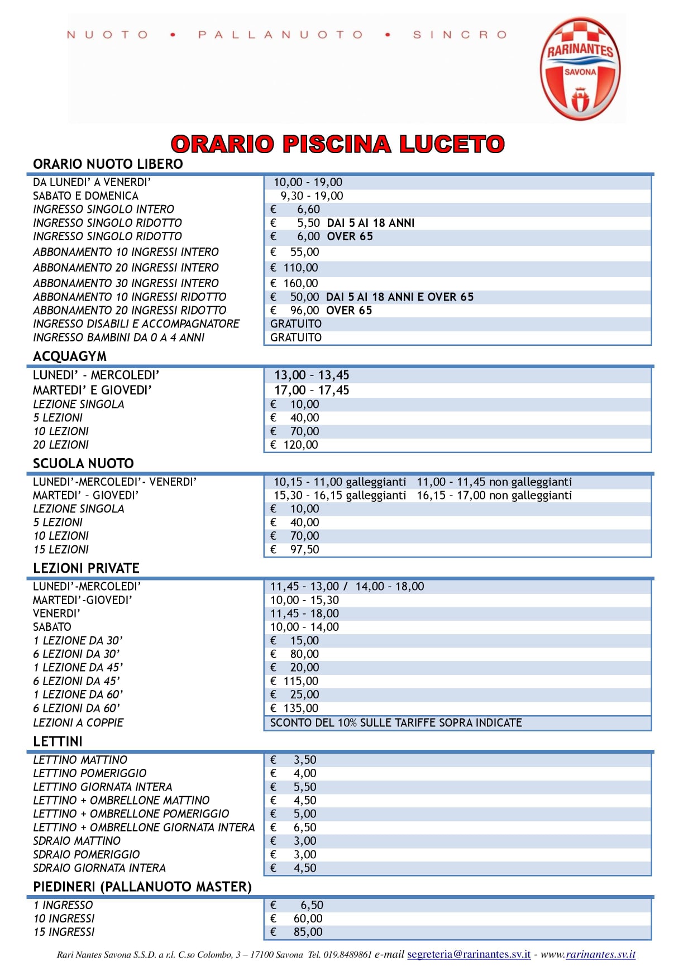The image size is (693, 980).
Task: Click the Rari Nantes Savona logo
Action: [580, 69]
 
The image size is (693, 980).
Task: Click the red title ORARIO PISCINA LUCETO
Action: [337, 144]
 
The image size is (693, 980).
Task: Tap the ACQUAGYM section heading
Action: [70, 356]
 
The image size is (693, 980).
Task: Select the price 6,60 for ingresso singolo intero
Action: [308, 210]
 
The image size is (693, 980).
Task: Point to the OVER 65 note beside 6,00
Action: [350, 236]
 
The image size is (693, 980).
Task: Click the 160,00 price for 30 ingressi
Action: [300, 283]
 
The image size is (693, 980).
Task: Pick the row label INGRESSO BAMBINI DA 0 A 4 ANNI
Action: [119, 337]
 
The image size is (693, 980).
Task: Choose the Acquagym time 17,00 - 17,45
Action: [312, 391]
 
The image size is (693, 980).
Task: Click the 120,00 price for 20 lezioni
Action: [300, 445]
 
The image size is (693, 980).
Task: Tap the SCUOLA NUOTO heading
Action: [83, 464]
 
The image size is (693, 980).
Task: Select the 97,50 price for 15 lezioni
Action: [304, 550]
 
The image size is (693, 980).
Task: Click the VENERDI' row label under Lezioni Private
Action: [56, 613]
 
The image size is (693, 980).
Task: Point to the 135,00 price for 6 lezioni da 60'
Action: [300, 708]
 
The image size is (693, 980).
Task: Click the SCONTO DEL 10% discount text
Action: [396, 723]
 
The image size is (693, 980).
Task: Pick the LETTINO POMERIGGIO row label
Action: [90, 773]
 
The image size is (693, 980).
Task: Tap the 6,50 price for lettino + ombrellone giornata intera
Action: [305, 827]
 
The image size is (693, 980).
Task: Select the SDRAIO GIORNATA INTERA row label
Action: [99, 868]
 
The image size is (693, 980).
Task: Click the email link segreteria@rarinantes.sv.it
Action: [469, 954]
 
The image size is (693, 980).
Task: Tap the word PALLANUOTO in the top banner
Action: [280, 35]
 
